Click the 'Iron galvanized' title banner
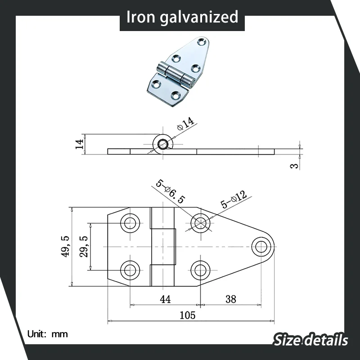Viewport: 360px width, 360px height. coord(182,17)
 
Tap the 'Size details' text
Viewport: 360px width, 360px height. coord(310,339)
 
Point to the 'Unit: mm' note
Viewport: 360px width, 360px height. coord(47,334)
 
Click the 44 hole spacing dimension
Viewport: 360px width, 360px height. coord(165,299)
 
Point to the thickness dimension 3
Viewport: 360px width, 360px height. coord(294,166)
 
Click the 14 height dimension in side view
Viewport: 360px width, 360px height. coord(80,144)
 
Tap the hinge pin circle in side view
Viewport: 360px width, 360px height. coord(163,144)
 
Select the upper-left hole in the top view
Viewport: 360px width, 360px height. coord(130,223)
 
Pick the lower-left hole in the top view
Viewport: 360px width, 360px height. coord(130,270)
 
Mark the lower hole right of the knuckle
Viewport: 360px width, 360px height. coord(200,270)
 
